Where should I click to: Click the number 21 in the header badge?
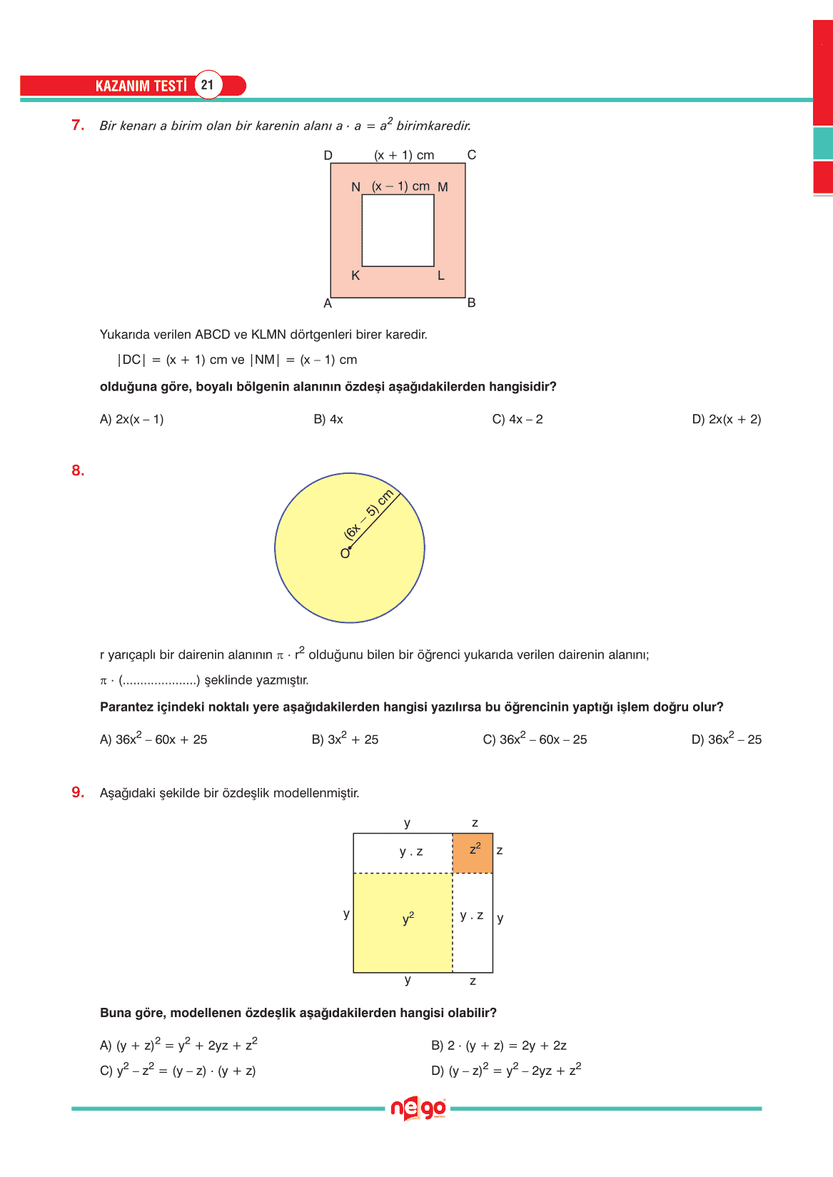coord(207,85)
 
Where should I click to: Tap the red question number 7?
coord(78,125)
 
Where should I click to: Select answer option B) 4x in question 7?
coord(328,419)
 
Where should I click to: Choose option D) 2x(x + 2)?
coord(726,419)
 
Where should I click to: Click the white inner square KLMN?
coord(398,231)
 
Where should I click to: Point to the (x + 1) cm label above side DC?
coord(404,155)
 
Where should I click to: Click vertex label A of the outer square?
coord(328,303)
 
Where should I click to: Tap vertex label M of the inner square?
coord(443,187)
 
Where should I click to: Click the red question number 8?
coord(78,470)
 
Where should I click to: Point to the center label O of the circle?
coord(345,554)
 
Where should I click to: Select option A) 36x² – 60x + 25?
coord(153,739)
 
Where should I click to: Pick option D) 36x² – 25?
coord(726,739)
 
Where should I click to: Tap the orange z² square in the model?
coord(473,852)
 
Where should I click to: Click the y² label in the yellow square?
coord(408,919)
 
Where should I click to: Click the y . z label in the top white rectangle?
coord(411,852)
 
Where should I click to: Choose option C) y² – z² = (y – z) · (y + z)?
coord(178,1071)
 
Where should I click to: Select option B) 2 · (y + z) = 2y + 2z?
coord(498,1046)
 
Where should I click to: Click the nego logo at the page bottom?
coord(418,1108)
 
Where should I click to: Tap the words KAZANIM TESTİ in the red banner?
coord(141,86)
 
